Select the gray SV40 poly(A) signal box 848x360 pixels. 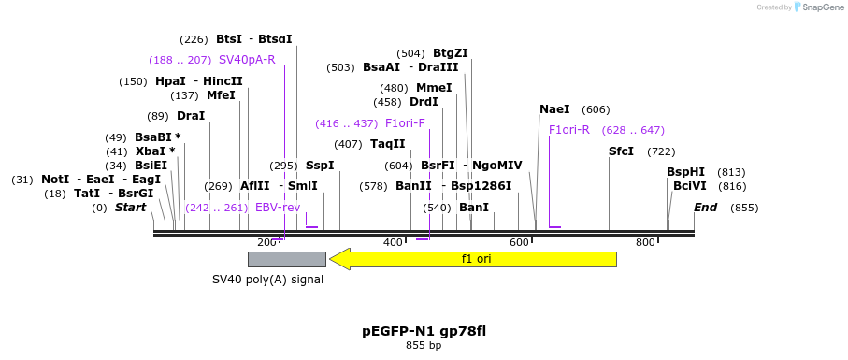[286, 259]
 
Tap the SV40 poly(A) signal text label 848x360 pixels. [267, 279]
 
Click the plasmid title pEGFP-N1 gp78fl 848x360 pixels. [424, 331]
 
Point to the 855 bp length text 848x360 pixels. [424, 346]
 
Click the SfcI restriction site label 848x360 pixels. [621, 151]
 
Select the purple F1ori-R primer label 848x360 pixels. [568, 130]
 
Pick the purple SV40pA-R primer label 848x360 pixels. [247, 60]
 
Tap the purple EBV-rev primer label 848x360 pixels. [278, 208]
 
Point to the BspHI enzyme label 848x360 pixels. [685, 172]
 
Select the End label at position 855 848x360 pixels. [705, 208]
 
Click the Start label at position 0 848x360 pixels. [130, 208]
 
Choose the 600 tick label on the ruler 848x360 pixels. [519, 243]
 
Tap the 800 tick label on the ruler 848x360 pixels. [645, 243]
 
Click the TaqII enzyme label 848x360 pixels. [388, 144]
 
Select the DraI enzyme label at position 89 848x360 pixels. [190, 116]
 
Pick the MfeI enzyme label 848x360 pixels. [221, 95]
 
